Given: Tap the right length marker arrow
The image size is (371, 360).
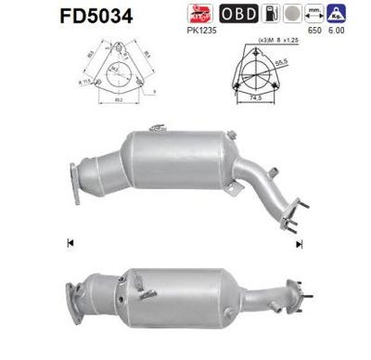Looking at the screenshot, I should (x=299, y=245).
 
